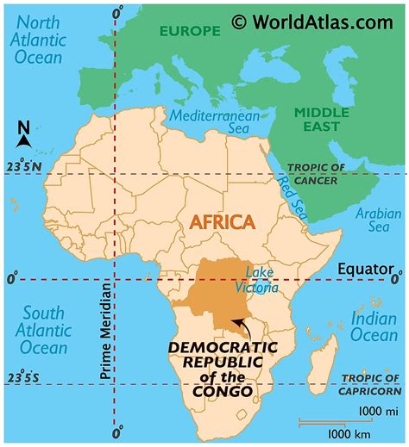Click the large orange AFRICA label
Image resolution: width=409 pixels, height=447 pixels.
coord(222,222)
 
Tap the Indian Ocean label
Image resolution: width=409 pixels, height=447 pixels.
coord(374,327)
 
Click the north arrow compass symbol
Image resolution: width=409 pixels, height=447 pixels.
coord(24,136)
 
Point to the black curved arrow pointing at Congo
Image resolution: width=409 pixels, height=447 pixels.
coord(242,328)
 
